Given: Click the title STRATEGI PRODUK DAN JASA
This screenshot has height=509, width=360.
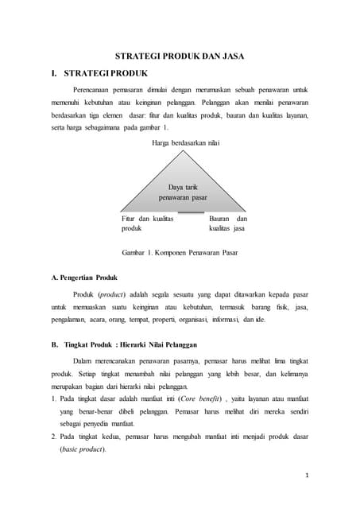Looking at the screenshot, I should click(180, 57).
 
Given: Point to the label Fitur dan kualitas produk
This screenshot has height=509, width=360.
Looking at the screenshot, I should click(147, 223).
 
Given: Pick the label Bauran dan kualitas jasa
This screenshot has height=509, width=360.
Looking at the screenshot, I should click(228, 223).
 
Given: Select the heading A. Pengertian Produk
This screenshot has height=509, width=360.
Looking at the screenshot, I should click(83, 279).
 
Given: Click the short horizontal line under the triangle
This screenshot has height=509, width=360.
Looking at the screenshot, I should click(191, 213).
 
